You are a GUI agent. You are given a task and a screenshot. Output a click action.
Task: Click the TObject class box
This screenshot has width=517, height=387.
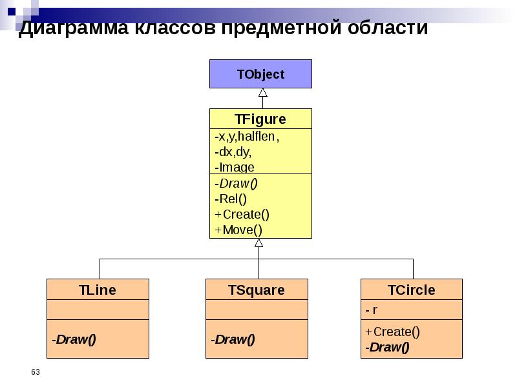pyautogui.click(x=260, y=74)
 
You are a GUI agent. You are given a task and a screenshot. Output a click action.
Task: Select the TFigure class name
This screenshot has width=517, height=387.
pyautogui.click(x=260, y=119)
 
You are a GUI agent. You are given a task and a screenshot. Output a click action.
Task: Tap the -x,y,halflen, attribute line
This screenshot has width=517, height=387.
pyautogui.click(x=247, y=137)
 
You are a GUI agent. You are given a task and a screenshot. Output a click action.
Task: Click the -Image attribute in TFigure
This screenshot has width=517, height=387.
pyautogui.click(x=235, y=167)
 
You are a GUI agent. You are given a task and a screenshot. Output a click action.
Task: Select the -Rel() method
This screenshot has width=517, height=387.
pyautogui.click(x=231, y=199)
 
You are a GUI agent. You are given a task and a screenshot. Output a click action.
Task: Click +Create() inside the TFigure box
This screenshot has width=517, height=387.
pyautogui.click(x=242, y=214)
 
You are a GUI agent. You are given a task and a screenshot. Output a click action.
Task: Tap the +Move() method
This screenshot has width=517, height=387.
pyautogui.click(x=238, y=230)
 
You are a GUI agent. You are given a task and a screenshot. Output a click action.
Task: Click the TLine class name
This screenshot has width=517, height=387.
pyautogui.click(x=98, y=290)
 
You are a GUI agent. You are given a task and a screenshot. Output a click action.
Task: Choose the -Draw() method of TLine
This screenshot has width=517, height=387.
pyautogui.click(x=74, y=339)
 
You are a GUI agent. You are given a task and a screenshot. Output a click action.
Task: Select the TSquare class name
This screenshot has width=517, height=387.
pyautogui.click(x=257, y=290)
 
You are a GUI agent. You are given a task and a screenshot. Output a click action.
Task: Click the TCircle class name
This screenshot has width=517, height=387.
pyautogui.click(x=412, y=290)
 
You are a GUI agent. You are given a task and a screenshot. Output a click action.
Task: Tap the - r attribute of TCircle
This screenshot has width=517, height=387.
pyautogui.click(x=372, y=310)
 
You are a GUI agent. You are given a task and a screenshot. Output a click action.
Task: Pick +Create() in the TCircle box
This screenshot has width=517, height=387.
pyautogui.click(x=392, y=332)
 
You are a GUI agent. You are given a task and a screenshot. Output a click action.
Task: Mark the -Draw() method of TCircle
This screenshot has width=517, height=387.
pyautogui.click(x=387, y=348)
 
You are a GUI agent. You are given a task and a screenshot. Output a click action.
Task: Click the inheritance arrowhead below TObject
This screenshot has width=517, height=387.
pyautogui.click(x=262, y=92)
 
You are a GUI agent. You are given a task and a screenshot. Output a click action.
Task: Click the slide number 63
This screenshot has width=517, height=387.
pyautogui.click(x=36, y=372)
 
